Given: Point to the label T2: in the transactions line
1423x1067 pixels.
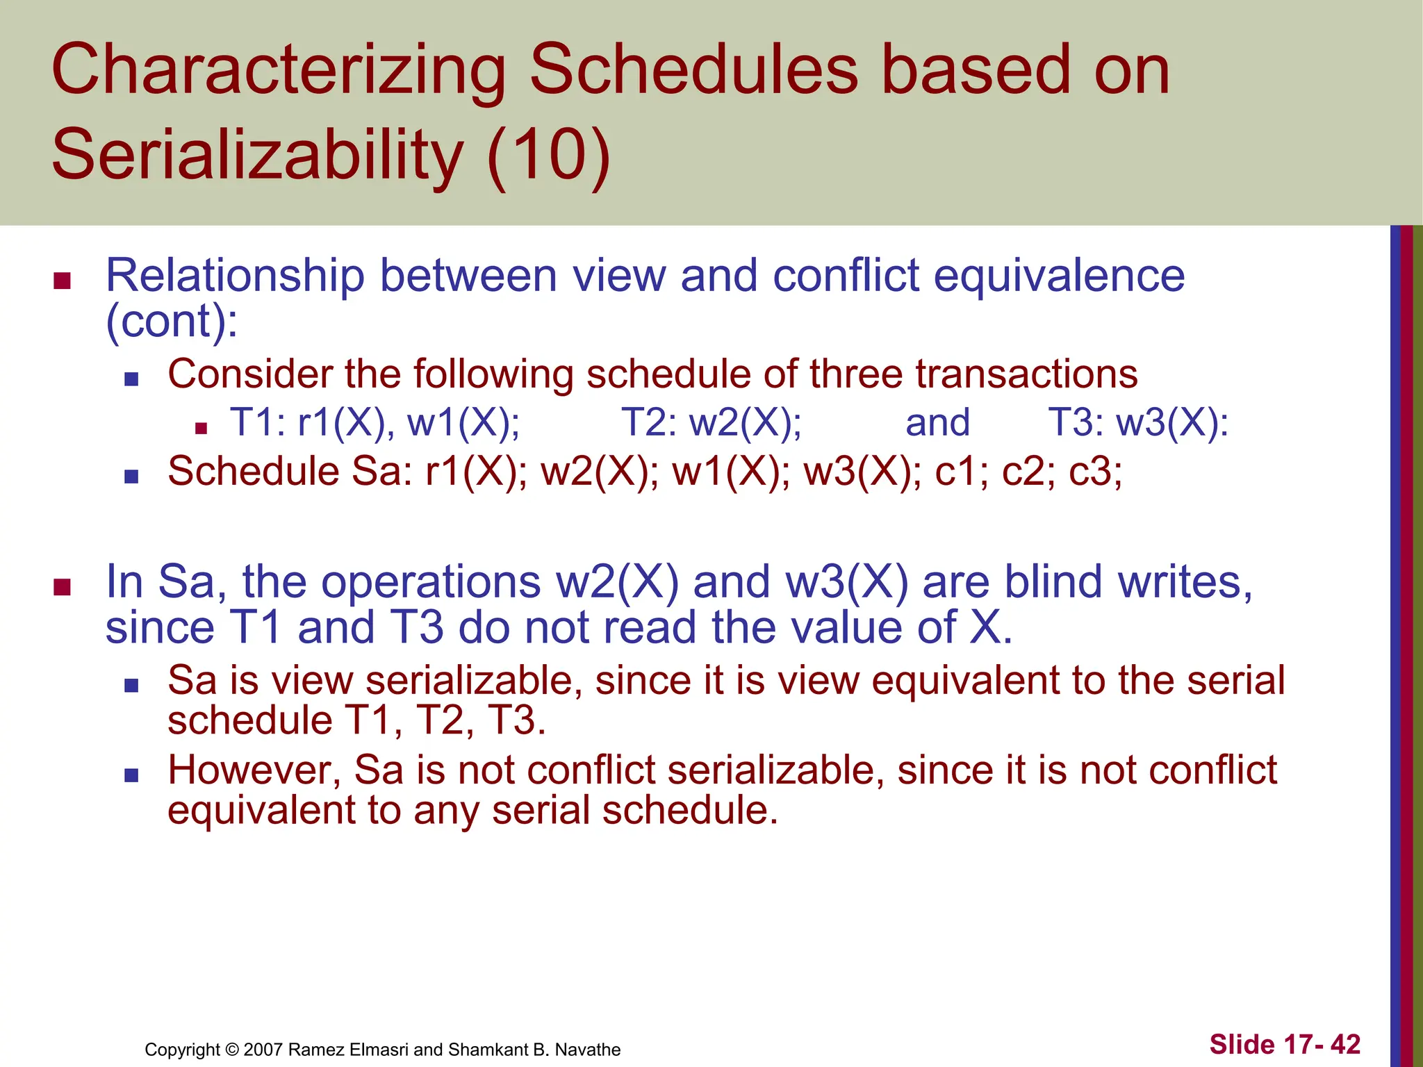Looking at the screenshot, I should coord(650,422).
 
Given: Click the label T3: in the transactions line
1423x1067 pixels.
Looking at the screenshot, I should coord(1076,422).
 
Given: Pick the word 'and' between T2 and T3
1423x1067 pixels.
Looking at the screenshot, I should coord(937,423).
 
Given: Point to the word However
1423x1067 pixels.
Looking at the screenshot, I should coord(254,770).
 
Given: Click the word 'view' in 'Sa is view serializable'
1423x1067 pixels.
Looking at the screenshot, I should coord(312,680).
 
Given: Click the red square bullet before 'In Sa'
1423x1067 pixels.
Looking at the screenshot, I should coord(63,587).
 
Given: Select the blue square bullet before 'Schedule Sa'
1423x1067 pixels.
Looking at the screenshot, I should coord(131,477).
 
